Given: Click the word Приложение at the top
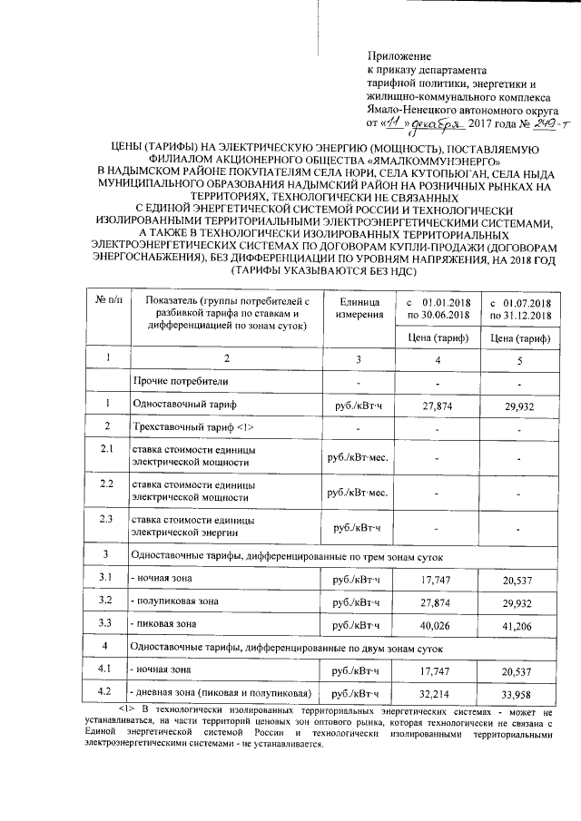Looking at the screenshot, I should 399,56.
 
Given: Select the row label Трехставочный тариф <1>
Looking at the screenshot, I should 186,426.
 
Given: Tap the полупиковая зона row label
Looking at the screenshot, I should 176,601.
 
